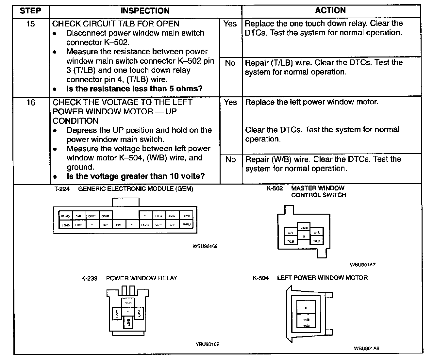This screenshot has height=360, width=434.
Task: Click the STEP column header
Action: [30, 11]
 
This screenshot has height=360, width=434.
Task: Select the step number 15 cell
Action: [30, 24]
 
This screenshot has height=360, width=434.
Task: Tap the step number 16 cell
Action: [30, 103]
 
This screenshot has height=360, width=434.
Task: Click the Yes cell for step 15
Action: [230, 24]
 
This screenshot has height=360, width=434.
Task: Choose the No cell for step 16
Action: [230, 159]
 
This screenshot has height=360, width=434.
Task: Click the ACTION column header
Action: [330, 10]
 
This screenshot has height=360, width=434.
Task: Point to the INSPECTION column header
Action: [145, 11]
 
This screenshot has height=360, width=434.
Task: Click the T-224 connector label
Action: [62, 189]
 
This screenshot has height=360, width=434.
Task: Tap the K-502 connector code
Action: [275, 188]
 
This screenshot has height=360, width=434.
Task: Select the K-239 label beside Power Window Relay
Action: [89, 278]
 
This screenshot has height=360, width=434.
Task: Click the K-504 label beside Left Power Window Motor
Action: [260, 278]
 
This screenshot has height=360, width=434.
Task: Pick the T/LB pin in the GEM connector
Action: [159, 216]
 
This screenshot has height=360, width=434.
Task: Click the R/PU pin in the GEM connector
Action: [186, 224]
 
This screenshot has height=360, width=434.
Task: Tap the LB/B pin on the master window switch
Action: [304, 227]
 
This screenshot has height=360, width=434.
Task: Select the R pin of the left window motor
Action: [306, 308]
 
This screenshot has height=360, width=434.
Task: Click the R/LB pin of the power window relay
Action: [128, 303]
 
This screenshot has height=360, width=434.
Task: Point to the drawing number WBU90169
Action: [205, 246]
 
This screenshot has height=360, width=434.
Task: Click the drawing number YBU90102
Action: [207, 344]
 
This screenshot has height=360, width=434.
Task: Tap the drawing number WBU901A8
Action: [366, 348]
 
